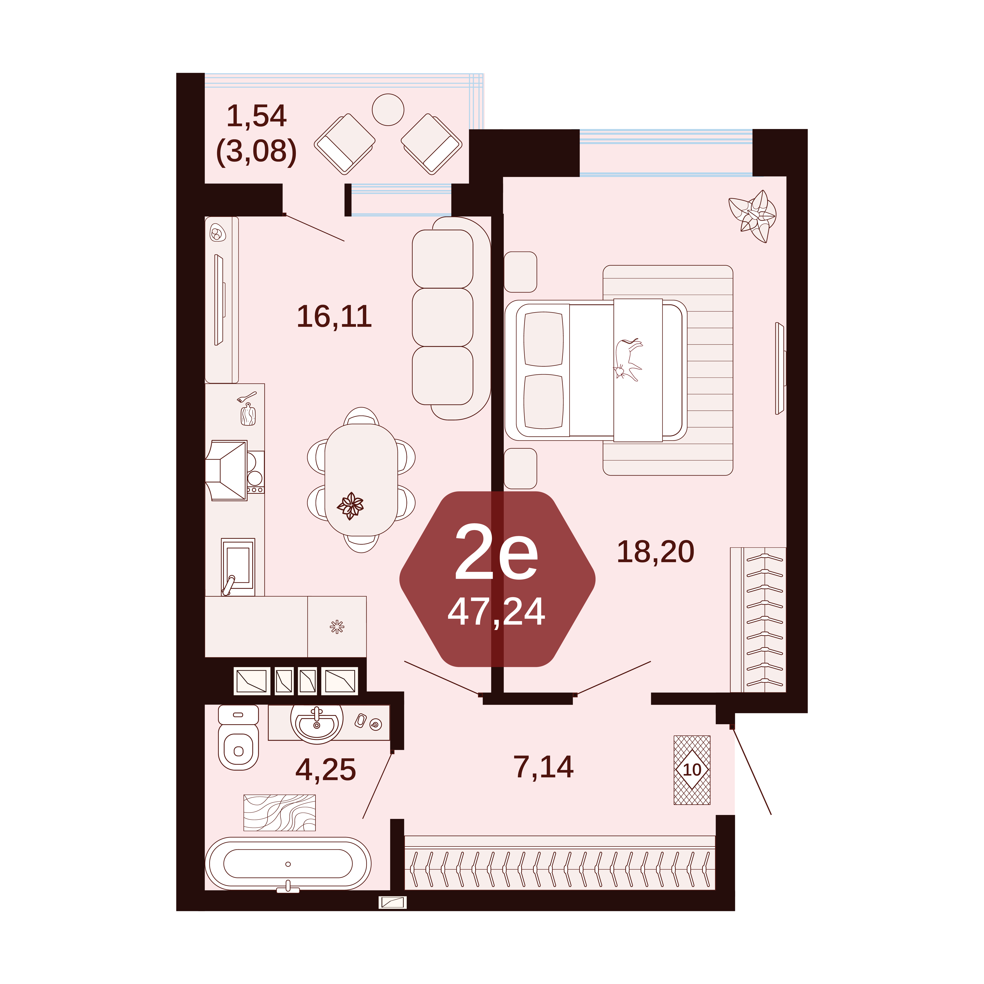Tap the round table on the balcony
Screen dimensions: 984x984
point(388,110)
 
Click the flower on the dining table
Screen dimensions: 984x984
point(350,506)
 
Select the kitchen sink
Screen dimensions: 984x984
point(238,566)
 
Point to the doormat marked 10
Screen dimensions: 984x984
point(692,769)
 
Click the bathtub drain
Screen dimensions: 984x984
point(288,864)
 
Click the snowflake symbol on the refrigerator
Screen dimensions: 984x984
point(337,627)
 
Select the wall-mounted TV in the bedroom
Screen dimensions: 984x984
point(780,368)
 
